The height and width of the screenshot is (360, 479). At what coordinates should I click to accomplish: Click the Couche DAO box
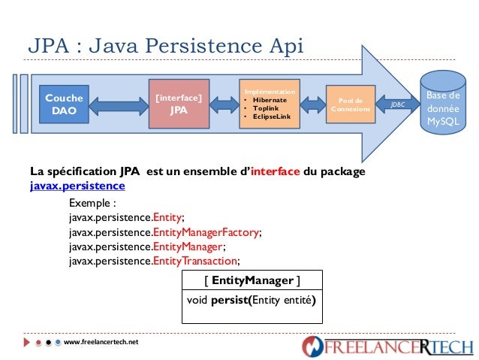pyautogui.click(x=64, y=104)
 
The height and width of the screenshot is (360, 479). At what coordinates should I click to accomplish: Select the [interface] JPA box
pyautogui.click(x=178, y=104)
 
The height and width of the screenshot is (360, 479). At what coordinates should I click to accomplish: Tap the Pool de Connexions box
pyautogui.click(x=350, y=104)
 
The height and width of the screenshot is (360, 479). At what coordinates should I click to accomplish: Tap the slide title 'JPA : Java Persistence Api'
pyautogui.click(x=165, y=46)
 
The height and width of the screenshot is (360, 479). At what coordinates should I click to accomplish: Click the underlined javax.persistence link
pyautogui.click(x=77, y=186)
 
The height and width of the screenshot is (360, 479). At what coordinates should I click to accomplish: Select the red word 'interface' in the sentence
pyautogui.click(x=274, y=172)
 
